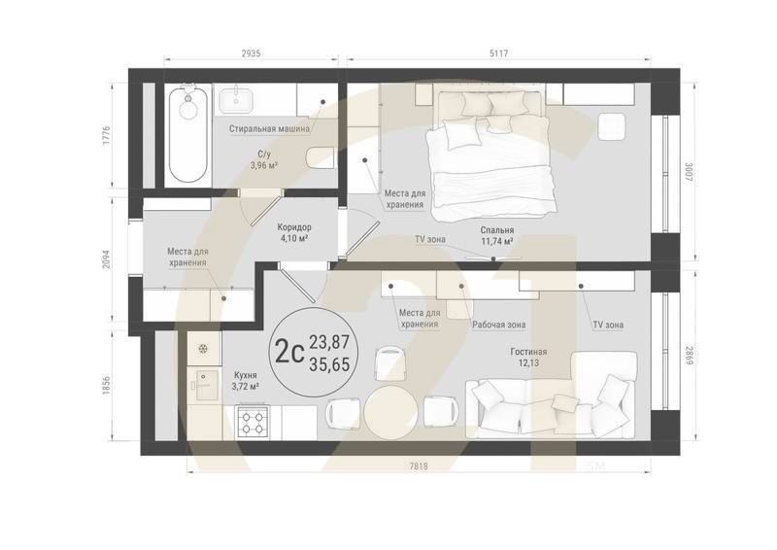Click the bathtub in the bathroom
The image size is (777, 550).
point(187,135)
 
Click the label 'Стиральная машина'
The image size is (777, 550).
point(269,128)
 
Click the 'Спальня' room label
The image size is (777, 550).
point(495,231)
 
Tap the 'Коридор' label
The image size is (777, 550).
point(294,226)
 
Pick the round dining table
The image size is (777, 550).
point(390,412)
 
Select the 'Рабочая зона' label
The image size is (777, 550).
point(499,325)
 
